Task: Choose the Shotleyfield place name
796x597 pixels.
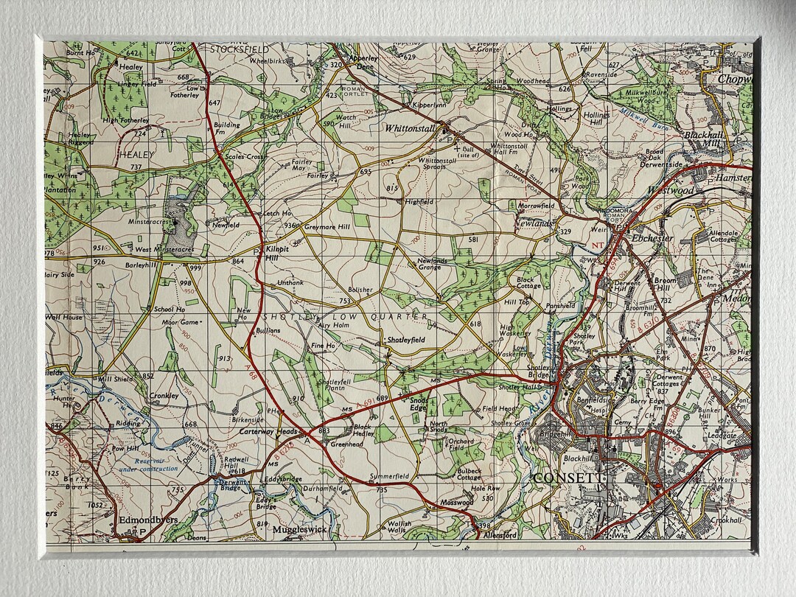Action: (x=406, y=340)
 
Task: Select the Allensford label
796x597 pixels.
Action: (x=500, y=535)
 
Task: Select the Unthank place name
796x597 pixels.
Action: (x=290, y=283)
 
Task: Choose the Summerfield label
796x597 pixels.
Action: (x=388, y=477)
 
